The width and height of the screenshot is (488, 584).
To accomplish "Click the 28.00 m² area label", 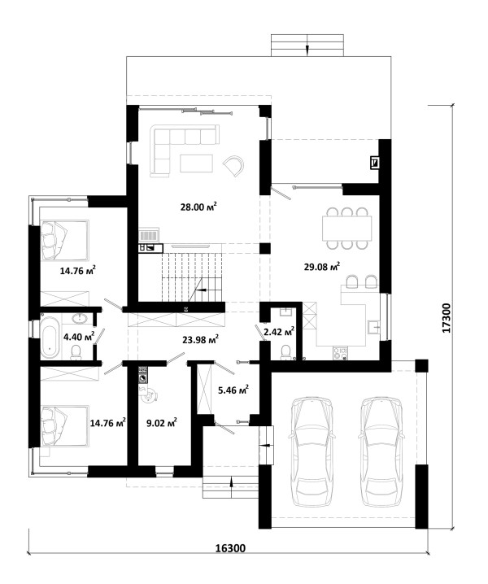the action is (x=198, y=207).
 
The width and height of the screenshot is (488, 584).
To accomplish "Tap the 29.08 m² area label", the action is (x=321, y=266).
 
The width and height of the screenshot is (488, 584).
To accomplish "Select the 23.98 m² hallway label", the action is (x=200, y=339).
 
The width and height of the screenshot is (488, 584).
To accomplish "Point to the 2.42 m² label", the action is (x=279, y=331).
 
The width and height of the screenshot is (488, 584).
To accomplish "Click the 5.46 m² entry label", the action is (x=233, y=390).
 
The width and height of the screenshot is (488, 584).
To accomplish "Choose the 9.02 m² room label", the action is (x=161, y=423).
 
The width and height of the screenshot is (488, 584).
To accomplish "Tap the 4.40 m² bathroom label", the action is (x=79, y=337).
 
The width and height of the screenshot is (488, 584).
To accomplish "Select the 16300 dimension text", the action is (x=231, y=548).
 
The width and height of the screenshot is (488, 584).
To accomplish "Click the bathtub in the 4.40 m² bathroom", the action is (x=50, y=338).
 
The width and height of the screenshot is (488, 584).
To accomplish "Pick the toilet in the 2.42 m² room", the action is (x=285, y=351).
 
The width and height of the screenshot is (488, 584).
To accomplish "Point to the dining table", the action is (x=346, y=229).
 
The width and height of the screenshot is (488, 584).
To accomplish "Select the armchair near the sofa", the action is (x=234, y=165).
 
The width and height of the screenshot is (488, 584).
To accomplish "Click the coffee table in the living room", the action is (x=196, y=163).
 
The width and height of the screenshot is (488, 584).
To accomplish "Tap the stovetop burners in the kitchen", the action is (x=340, y=354).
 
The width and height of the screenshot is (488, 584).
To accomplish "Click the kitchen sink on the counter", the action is (x=373, y=328).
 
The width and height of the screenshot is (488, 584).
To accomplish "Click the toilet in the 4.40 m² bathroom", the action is (x=76, y=352).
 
